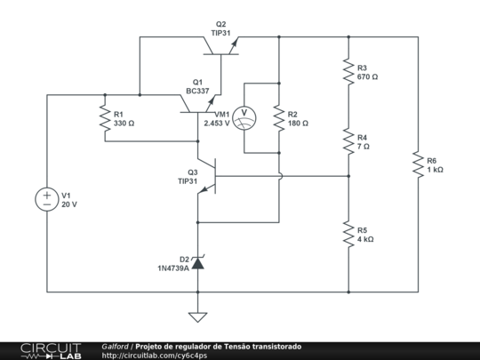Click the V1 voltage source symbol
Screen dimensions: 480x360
click(x=46, y=199)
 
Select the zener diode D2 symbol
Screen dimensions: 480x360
click(x=197, y=262)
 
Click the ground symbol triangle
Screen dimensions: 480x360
click(x=197, y=317)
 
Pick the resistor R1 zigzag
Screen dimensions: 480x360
click(x=105, y=118)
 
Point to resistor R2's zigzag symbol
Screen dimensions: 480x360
click(x=279, y=118)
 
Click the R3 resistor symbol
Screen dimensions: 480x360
click(x=348, y=72)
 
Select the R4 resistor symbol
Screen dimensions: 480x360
click(x=348, y=141)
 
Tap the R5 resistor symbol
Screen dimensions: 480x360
click(x=348, y=234)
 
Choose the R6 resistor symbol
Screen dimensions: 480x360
click(x=418, y=164)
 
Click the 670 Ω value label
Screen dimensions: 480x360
click(x=367, y=76)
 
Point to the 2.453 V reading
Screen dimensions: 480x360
click(x=217, y=124)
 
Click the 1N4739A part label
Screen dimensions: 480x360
click(x=173, y=268)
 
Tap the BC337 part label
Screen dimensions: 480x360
click(x=197, y=91)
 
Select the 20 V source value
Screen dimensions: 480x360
click(x=69, y=204)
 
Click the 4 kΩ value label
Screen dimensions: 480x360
click(x=365, y=239)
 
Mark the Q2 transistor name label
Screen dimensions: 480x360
click(x=220, y=24)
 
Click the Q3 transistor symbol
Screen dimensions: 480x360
click(x=207, y=176)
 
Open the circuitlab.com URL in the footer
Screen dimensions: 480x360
click(x=155, y=356)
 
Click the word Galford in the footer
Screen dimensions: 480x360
click(x=115, y=347)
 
